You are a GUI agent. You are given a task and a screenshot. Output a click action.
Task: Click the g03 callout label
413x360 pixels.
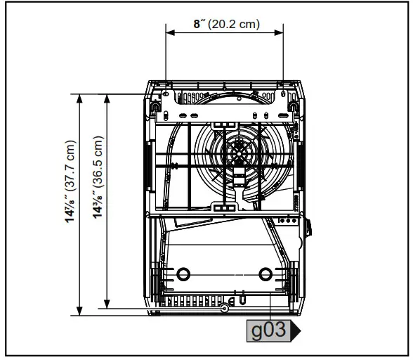[268, 330]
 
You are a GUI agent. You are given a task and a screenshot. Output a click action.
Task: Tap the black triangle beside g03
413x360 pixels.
[295, 330]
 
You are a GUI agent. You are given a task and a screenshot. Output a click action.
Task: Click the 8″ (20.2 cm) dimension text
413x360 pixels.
[226, 24]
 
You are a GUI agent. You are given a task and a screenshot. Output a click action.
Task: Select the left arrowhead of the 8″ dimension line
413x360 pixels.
[169, 32]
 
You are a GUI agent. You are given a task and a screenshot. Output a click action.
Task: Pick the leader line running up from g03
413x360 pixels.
[271, 309]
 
